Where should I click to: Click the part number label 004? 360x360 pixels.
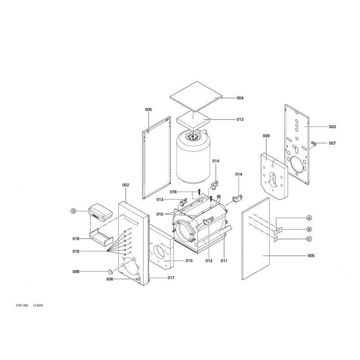(240, 98)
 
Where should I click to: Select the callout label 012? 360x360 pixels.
(240, 119)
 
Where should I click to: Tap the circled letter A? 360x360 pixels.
(309, 218)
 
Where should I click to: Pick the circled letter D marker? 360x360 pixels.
(73, 211)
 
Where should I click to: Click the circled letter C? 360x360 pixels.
(309, 239)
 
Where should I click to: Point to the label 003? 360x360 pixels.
(332, 127)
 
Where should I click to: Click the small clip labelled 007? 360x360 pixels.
(314, 143)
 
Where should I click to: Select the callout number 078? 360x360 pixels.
(173, 192)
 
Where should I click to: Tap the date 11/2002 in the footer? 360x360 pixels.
(38, 306)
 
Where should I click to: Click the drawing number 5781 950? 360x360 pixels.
(22, 306)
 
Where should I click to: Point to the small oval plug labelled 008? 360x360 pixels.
(111, 272)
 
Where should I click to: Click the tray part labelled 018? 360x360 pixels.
(101, 237)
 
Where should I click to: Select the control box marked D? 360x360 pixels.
(100, 212)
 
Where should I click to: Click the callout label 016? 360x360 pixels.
(76, 252)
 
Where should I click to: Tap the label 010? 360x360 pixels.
(189, 261)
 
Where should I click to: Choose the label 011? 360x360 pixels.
(224, 261)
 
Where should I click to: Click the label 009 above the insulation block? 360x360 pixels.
(266, 136)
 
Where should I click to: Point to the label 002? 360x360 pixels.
(126, 185)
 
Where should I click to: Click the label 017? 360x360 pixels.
(171, 278)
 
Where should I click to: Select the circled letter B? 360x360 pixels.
(309, 229)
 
